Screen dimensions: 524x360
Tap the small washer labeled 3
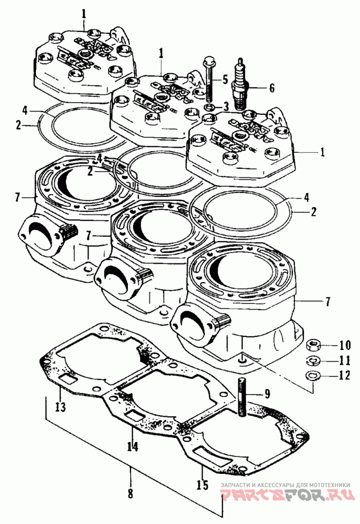[x=209, y=108]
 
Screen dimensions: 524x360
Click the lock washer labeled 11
[x=312, y=361]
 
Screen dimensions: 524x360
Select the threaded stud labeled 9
[x=241, y=398]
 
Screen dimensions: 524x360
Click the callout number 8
[x=130, y=493]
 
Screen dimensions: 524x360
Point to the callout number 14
[x=132, y=447]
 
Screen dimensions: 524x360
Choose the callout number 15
[x=202, y=485]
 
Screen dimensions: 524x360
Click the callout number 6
[x=271, y=87]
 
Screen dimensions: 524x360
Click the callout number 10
[x=345, y=346]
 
